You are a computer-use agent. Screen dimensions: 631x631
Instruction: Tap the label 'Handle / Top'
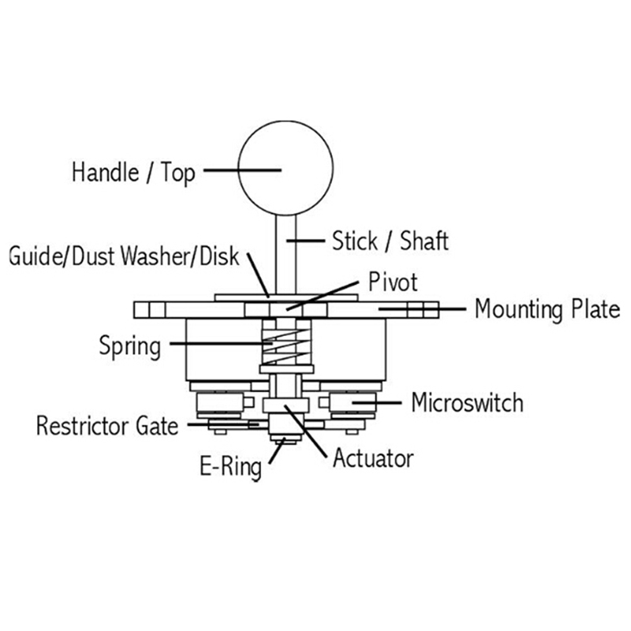(x=133, y=172)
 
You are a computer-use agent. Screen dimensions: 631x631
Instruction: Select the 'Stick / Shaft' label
(x=390, y=240)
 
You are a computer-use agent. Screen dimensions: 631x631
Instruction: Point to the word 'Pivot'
(x=393, y=281)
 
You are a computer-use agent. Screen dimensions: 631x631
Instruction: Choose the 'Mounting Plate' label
(x=547, y=309)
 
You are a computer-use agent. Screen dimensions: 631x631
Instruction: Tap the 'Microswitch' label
(x=466, y=403)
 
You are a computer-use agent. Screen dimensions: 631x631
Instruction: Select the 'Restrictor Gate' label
(x=106, y=426)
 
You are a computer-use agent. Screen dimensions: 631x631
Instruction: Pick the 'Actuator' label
(x=373, y=457)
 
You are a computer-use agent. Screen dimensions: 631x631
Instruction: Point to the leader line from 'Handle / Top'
(x=245, y=169)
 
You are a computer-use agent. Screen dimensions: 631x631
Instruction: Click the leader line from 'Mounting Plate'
(x=426, y=308)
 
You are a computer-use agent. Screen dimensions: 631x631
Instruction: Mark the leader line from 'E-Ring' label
(x=274, y=451)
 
